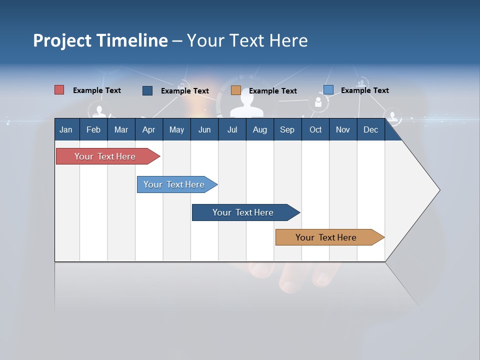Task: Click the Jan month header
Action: tap(66, 129)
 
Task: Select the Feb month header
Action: tap(93, 129)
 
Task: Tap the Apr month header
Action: tap(148, 129)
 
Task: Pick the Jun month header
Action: tap(204, 129)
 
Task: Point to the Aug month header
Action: tap(259, 129)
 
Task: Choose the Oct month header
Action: tap(315, 129)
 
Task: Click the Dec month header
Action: tap(371, 129)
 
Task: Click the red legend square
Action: tap(59, 90)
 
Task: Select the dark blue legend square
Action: tap(147, 90)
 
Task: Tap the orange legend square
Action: tap(236, 90)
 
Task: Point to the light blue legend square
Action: tap(328, 90)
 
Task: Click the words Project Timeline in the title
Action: tap(100, 40)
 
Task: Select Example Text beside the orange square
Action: tap(272, 91)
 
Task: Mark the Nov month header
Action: tap(343, 129)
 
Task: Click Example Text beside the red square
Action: tap(97, 90)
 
